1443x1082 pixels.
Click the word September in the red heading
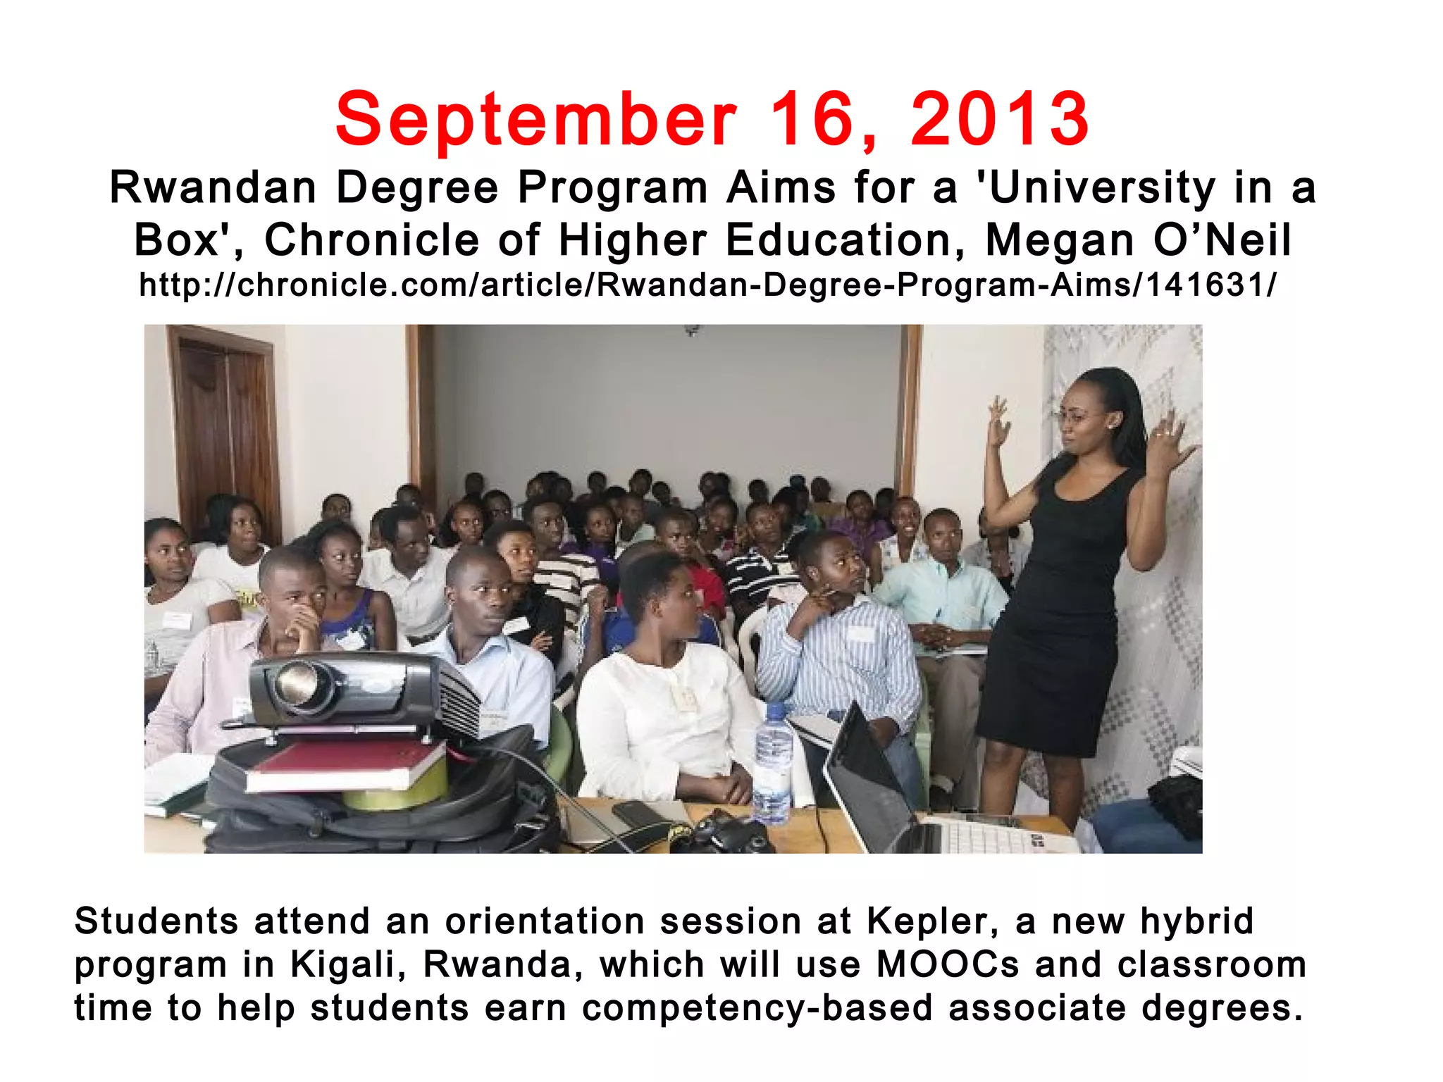(536, 120)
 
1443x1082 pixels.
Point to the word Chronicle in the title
(371, 240)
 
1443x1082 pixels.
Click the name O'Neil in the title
(1222, 240)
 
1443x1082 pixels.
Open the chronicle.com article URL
(707, 285)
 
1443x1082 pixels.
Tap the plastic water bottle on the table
(773, 764)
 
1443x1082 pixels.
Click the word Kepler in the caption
(931, 921)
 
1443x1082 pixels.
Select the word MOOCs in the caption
(948, 964)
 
